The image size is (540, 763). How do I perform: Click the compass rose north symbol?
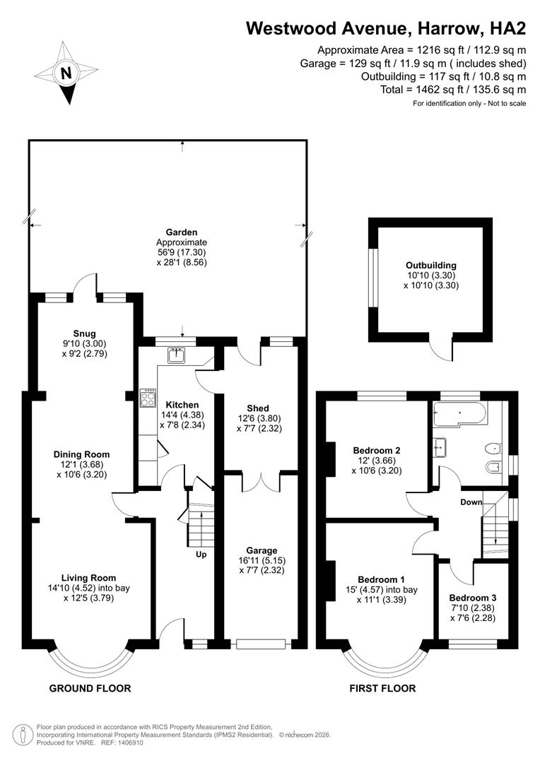point(66,73)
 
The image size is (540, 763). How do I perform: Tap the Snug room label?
point(83,333)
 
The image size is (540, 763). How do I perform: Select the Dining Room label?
point(83,454)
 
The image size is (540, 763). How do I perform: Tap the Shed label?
point(257,408)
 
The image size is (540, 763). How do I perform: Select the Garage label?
point(262,550)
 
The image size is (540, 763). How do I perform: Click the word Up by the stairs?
point(201,555)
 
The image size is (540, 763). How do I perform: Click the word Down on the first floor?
point(471,502)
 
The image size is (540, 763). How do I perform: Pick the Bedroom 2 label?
point(377,450)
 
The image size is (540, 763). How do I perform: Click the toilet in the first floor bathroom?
point(493,448)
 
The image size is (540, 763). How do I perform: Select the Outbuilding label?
point(430,266)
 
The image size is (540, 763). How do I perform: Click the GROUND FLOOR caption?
point(90,688)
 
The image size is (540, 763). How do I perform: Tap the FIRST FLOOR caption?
point(382,688)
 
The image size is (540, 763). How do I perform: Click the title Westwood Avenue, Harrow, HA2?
point(386,28)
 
